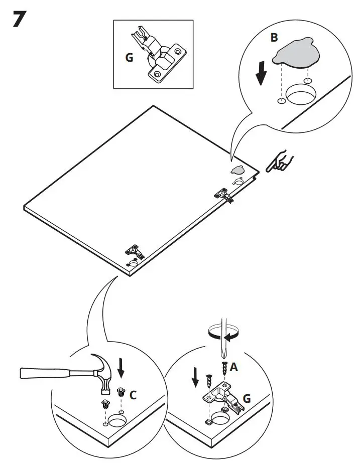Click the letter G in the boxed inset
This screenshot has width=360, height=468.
[130, 58]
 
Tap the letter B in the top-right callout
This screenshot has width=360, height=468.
[274, 38]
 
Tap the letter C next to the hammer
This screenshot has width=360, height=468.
[133, 395]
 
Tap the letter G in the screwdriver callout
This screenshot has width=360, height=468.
[247, 400]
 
